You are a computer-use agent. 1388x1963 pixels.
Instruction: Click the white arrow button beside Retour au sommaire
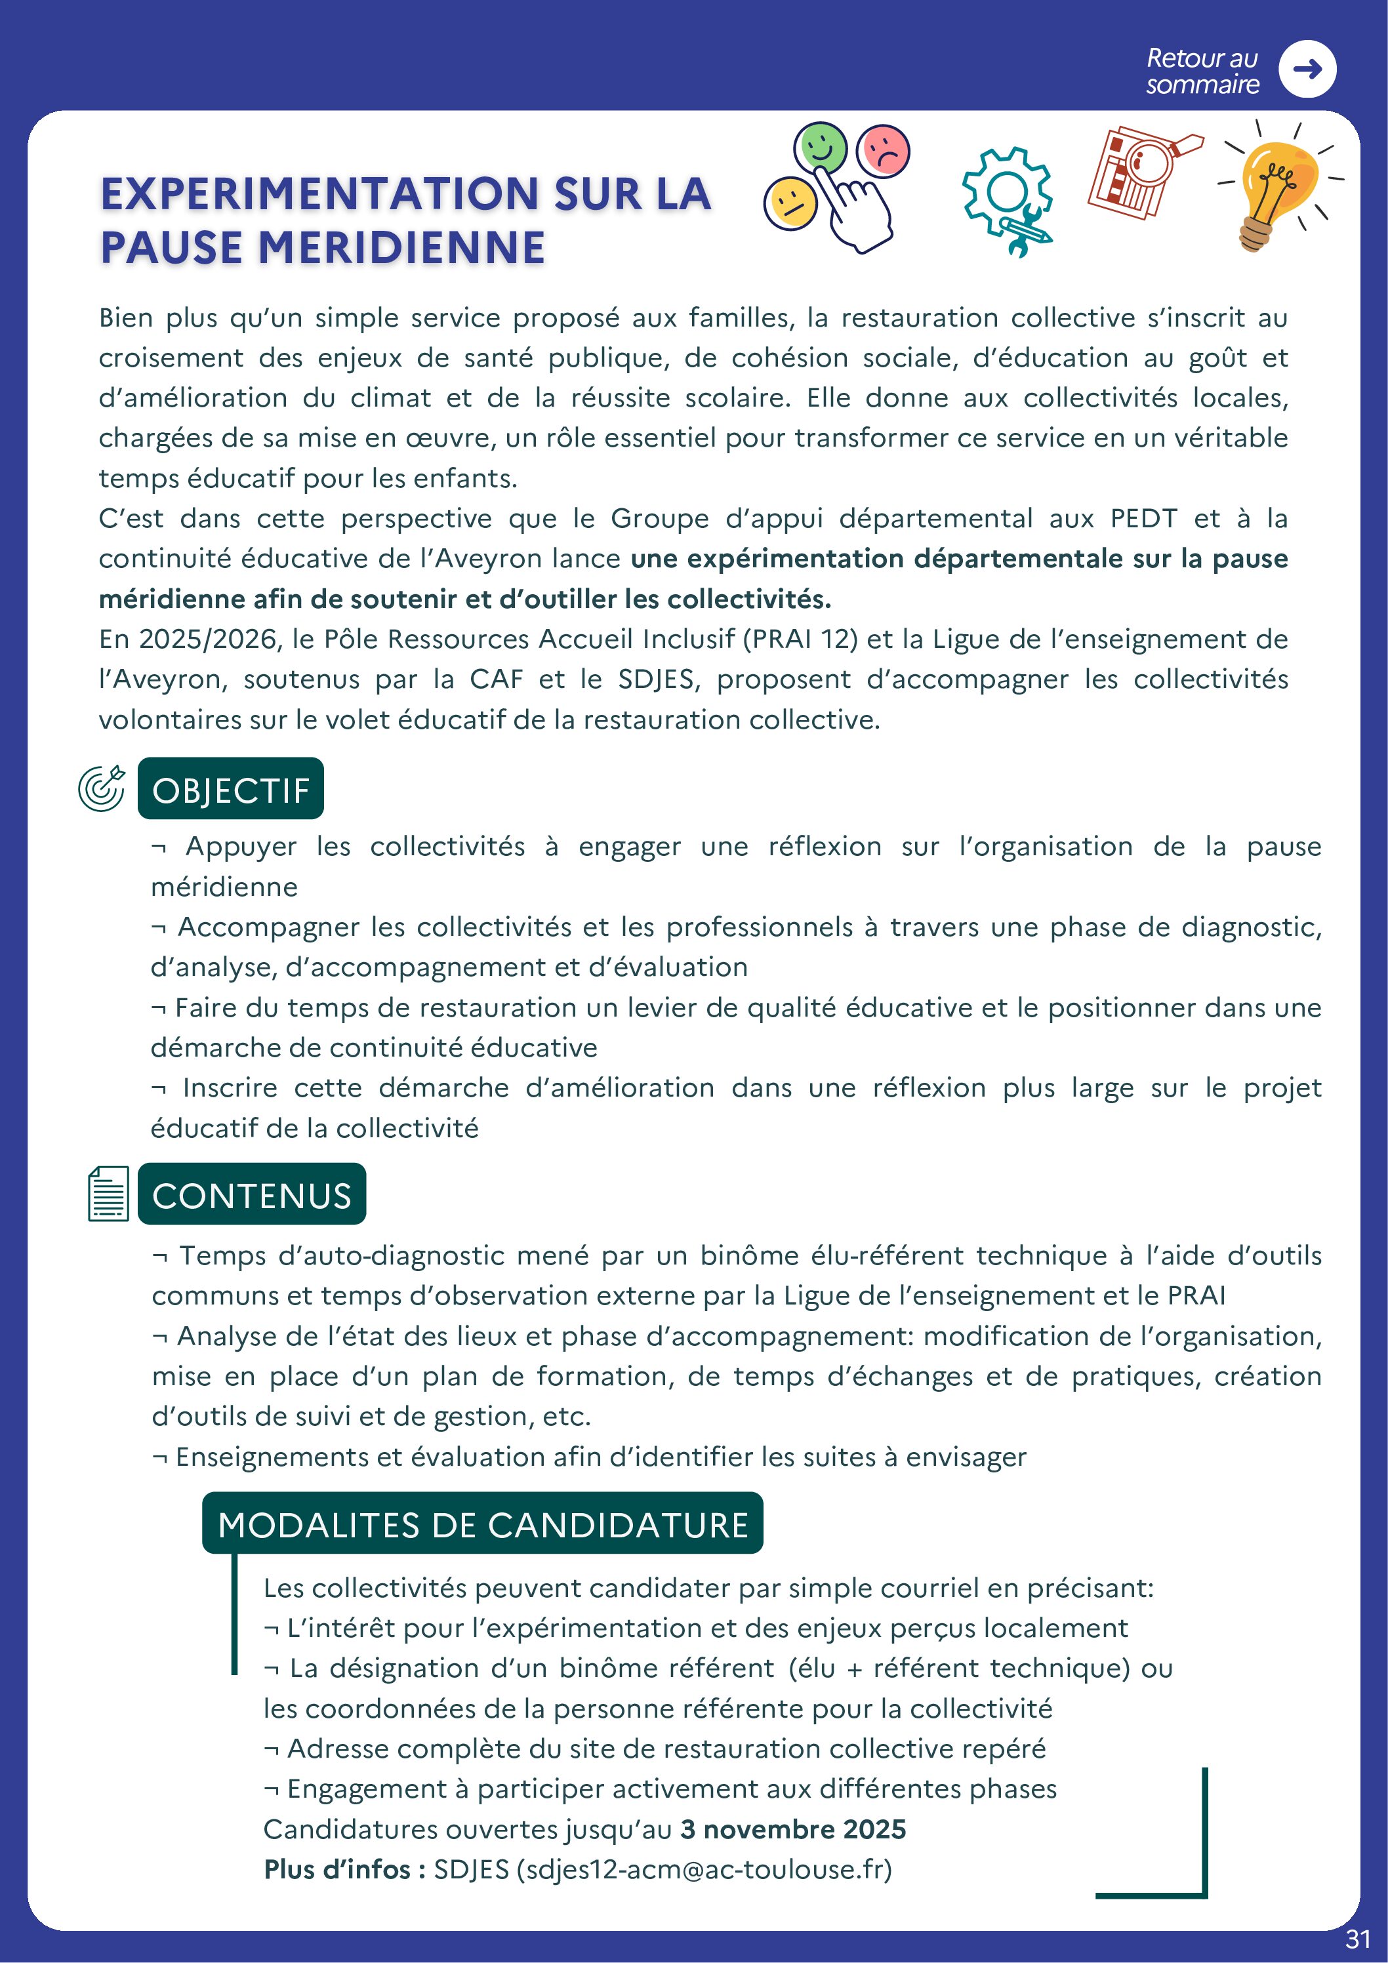(1307, 70)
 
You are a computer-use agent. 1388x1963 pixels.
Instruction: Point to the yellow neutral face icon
(790, 203)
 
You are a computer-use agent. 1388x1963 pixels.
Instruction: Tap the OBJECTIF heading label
(230, 790)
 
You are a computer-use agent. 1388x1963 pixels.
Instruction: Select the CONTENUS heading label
(251, 1195)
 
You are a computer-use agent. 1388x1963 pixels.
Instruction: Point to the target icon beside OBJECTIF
(101, 788)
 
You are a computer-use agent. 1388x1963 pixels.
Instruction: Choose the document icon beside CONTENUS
(108, 1194)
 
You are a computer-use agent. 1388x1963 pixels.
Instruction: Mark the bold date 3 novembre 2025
(793, 1829)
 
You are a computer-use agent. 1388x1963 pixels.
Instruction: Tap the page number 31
(1358, 1938)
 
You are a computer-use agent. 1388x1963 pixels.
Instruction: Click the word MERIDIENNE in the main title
(402, 248)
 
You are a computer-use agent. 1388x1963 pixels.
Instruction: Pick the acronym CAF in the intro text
(496, 679)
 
